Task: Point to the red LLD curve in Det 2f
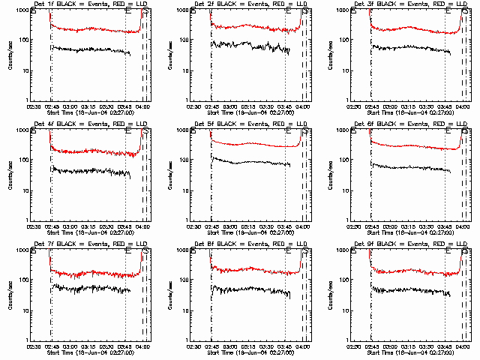247,28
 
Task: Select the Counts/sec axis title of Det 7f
10,295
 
